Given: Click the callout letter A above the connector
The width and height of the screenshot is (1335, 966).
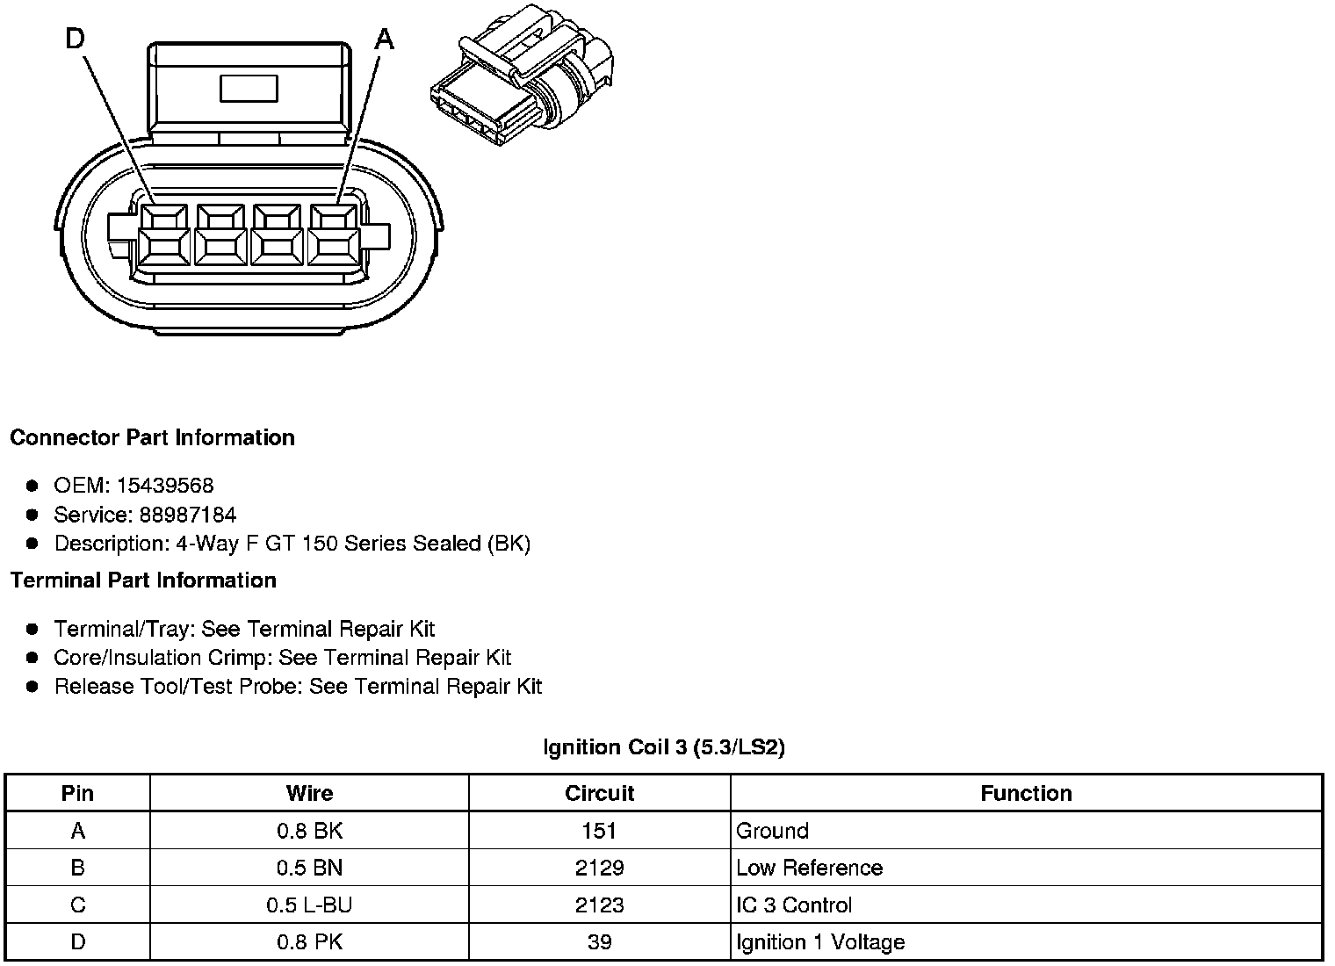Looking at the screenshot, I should (385, 39).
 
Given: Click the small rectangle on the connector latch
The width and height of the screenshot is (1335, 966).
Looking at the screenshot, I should (249, 89).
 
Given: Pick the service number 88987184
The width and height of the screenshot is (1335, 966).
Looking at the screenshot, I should (188, 515).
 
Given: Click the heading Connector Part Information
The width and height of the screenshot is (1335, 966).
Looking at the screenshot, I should (153, 437).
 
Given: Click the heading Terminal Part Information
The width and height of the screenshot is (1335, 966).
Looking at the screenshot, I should (143, 580).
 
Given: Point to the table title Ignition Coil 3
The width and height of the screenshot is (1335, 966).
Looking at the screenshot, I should (664, 747).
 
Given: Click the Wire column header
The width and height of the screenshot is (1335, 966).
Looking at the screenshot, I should (309, 793).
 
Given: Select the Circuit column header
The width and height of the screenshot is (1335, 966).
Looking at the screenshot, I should (599, 793).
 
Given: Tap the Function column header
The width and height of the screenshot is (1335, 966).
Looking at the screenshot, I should (1026, 793).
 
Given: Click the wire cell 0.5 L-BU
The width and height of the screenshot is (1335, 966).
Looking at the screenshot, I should (309, 905).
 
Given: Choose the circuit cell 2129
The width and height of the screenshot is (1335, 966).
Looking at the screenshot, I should (599, 868).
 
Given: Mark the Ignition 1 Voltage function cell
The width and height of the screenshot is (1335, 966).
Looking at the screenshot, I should (820, 942).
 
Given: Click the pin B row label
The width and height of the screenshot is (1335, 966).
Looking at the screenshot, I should (77, 868).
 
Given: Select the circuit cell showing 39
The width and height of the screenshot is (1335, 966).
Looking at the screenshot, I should (599, 942).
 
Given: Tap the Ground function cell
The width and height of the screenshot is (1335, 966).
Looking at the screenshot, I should (772, 831).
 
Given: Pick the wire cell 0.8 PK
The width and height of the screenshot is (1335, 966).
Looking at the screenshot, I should (309, 942).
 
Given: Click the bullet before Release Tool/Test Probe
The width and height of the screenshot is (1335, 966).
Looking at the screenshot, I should (32, 686).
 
